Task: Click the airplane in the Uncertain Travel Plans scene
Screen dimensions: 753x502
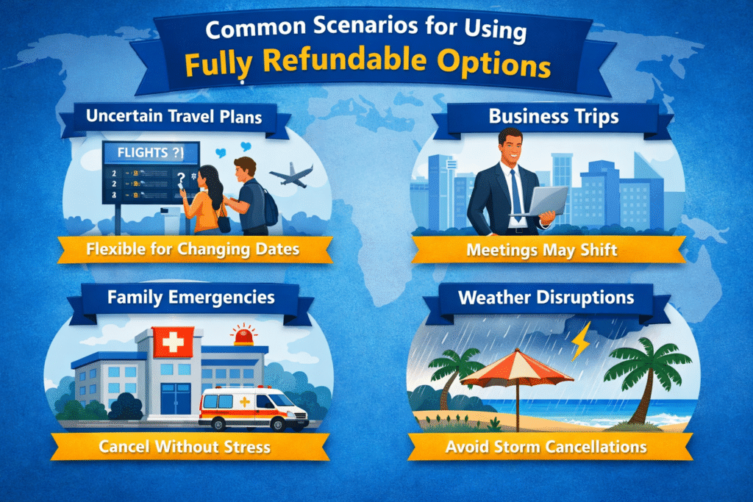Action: (291, 175)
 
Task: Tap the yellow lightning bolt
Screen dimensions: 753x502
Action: (581, 341)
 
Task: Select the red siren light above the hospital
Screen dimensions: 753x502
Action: (244, 334)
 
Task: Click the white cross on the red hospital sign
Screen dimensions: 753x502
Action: (173, 343)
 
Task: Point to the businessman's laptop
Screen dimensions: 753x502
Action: (542, 202)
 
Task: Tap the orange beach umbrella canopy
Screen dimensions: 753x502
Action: (517, 368)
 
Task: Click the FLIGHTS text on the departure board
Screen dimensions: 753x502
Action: (142, 153)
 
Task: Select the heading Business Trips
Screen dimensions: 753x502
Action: (553, 117)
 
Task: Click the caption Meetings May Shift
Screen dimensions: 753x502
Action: (542, 250)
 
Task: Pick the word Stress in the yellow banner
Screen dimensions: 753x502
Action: (247, 447)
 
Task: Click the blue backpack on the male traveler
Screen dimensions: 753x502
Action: (269, 207)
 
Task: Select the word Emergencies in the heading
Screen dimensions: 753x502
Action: (221, 298)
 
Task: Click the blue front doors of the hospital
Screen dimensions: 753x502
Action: (175, 398)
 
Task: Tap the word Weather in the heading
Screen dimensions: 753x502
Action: (493, 298)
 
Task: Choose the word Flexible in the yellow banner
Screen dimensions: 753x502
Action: (115, 249)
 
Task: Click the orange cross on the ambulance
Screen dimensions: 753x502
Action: (244, 401)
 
